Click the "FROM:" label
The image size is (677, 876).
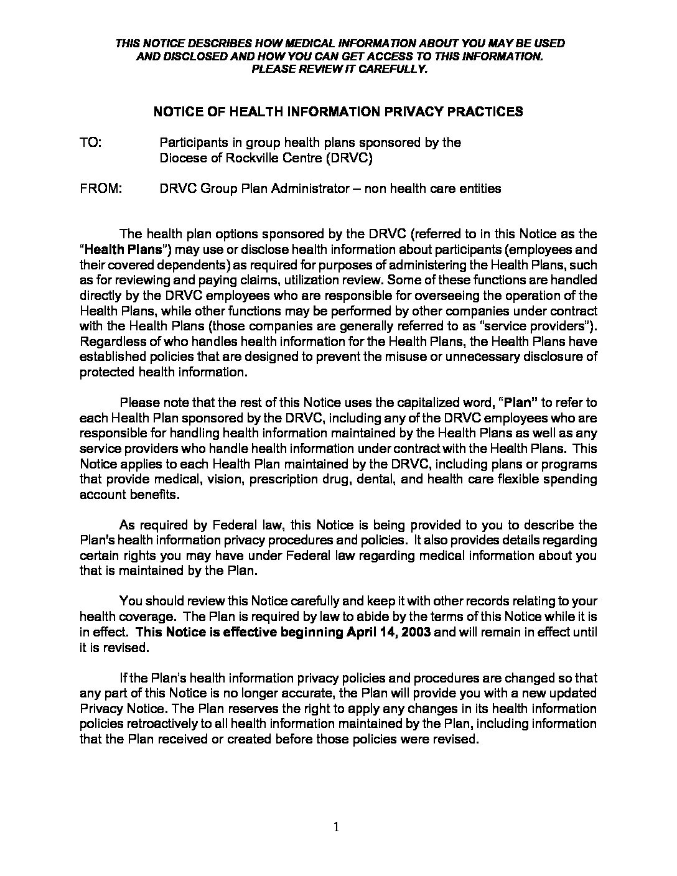point(101,189)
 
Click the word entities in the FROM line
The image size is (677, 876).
point(479,189)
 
